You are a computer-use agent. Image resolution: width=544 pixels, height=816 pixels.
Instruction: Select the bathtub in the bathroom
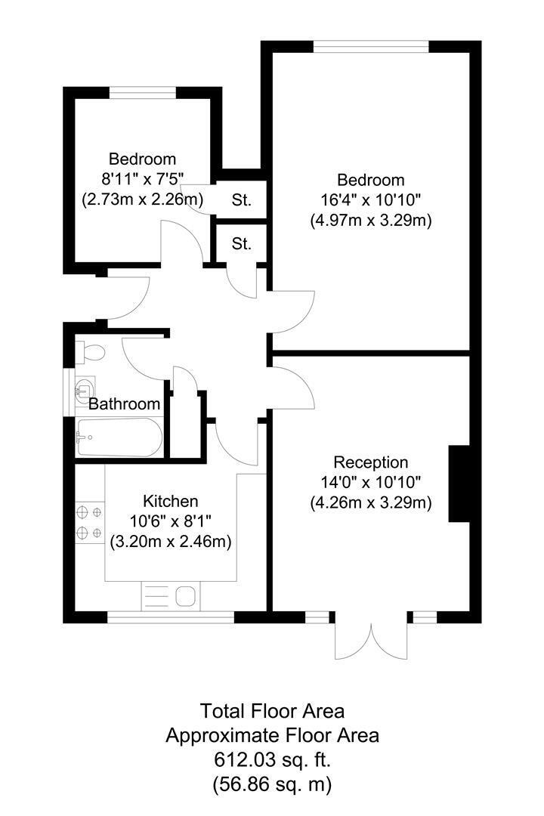[119, 437]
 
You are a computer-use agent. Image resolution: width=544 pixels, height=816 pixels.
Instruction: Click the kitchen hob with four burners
[90, 523]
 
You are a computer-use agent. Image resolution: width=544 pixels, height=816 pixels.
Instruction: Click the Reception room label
[371, 462]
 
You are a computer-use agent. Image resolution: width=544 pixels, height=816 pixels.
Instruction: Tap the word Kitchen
[170, 501]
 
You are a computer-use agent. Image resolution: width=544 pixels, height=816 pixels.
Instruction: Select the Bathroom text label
[124, 403]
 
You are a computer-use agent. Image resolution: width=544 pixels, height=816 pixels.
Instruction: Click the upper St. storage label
[241, 199]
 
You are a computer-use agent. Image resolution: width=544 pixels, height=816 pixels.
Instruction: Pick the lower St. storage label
[241, 243]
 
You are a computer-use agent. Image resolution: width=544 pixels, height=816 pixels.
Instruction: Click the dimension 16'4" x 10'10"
[371, 200]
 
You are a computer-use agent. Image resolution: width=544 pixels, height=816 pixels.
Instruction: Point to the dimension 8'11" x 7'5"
[143, 179]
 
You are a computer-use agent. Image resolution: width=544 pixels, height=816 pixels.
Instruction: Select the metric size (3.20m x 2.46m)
[171, 542]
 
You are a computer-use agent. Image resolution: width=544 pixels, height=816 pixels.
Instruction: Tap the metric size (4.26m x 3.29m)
[371, 503]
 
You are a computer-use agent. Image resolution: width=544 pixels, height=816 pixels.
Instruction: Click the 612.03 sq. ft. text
[272, 760]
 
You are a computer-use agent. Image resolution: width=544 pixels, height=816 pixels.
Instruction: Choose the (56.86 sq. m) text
[272, 784]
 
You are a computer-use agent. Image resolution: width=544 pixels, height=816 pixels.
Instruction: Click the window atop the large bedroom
[371, 47]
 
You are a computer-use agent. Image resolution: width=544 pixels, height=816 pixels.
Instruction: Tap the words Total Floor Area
[272, 711]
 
